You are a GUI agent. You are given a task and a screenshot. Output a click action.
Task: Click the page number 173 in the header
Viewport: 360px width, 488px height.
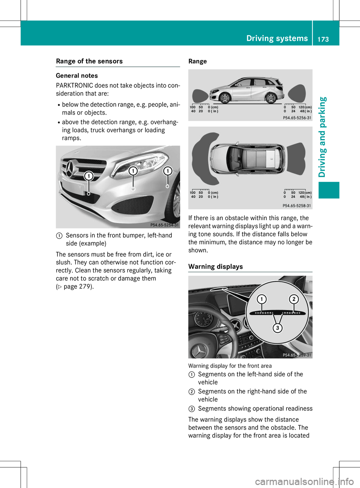pos(323,39)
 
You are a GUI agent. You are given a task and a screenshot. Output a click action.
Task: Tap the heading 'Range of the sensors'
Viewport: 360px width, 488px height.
pos(89,61)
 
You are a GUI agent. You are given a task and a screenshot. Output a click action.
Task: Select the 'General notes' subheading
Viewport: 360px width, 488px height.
pos(77,76)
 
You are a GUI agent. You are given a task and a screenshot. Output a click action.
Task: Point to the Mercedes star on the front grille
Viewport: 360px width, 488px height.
pos(69,169)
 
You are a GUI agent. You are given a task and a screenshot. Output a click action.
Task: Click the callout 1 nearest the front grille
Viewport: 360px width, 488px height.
pos(88,176)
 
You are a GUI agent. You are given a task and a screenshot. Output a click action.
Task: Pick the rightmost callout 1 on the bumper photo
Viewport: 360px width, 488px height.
pos(168,171)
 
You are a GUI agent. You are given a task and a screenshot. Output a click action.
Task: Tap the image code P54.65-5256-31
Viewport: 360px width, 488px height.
pos(297,118)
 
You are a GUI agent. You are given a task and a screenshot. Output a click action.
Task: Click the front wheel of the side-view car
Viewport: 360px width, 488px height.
pos(225,98)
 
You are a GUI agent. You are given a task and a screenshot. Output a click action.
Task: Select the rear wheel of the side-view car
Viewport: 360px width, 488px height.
pos(270,98)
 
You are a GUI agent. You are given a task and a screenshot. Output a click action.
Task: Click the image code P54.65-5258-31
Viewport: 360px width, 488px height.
pos(297,205)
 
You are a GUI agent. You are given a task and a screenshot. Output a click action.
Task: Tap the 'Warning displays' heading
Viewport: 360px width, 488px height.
pos(216,266)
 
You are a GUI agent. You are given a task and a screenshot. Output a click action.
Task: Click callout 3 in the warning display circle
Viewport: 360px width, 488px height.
pos(277,328)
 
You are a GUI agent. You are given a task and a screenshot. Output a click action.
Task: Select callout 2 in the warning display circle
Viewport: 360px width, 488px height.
pos(294,299)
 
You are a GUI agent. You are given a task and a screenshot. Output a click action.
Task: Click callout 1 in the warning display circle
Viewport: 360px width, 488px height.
pos(261,299)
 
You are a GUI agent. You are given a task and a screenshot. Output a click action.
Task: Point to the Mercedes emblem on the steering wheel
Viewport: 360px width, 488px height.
pos(199,351)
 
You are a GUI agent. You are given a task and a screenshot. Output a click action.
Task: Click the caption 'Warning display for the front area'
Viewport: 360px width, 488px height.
pos(230,366)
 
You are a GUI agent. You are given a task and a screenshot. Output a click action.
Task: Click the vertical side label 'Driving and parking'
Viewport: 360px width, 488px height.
pos(322,137)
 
